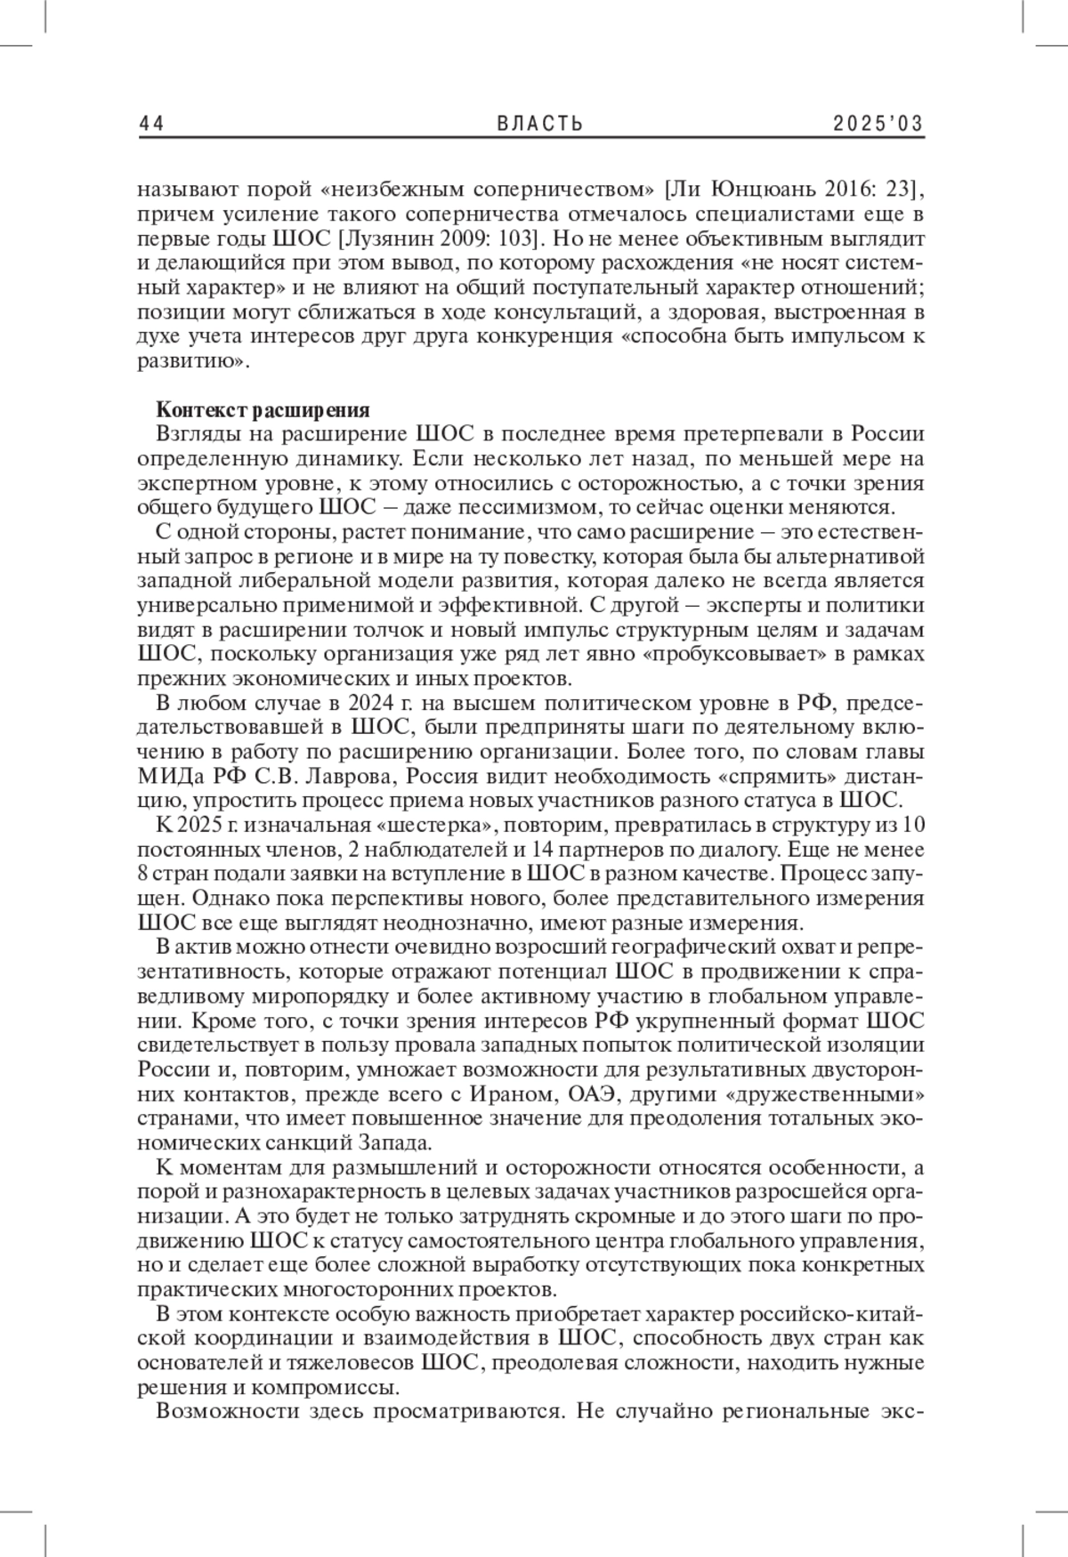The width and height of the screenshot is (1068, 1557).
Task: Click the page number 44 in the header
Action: click(x=151, y=124)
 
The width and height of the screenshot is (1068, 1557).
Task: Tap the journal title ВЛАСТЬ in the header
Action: click(x=539, y=124)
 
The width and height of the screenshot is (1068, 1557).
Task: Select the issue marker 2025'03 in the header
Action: click(x=878, y=124)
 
